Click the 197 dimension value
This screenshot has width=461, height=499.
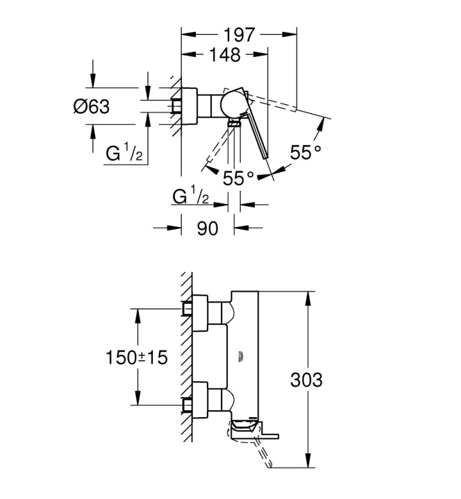point(239,35)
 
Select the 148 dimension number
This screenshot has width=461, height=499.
point(225,55)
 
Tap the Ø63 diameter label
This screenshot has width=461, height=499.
point(92,106)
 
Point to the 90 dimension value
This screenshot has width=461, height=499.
point(207,228)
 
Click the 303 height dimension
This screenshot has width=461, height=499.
point(306,379)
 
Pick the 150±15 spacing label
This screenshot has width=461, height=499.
point(136,357)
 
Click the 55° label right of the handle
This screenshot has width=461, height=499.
point(305,152)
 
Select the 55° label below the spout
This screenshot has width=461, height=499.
point(238,178)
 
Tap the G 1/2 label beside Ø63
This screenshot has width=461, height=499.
point(124,152)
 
